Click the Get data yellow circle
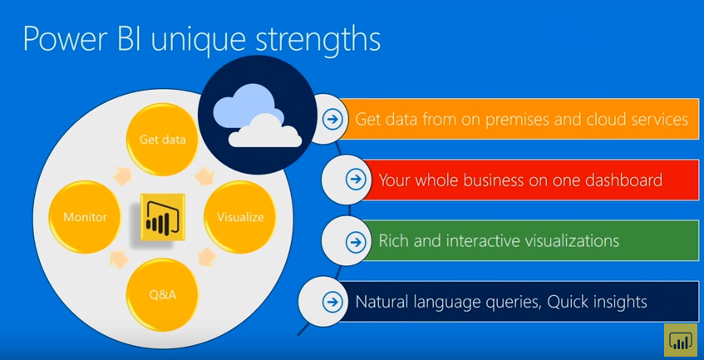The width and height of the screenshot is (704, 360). (x=162, y=140)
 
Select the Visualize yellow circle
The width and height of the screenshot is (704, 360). (x=240, y=217)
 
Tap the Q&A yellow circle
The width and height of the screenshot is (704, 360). (x=162, y=294)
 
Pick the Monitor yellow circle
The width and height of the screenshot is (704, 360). (x=85, y=217)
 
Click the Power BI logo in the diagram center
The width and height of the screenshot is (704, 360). (x=162, y=217)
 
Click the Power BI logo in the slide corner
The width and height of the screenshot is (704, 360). (x=680, y=339)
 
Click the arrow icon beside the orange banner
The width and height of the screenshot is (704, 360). (x=332, y=119)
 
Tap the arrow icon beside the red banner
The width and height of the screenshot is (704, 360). (x=356, y=180)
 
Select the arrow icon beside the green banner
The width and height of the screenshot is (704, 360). (x=356, y=242)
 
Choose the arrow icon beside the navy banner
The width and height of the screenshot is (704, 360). (x=332, y=302)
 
